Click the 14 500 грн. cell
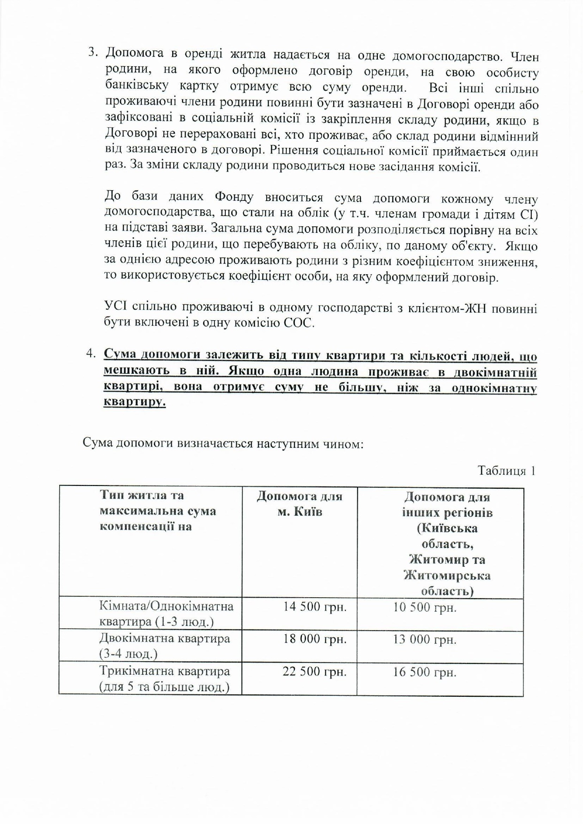coord(315,607)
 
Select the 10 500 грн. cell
coord(424,608)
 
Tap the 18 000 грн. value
coord(315,639)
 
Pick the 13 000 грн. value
coord(424,639)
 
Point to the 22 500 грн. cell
coord(315,671)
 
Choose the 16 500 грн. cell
coord(424,672)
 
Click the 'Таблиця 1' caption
coord(506,470)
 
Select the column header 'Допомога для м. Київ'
coord(299,504)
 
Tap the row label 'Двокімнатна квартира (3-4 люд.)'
coord(164,646)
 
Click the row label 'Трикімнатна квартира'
coord(164,671)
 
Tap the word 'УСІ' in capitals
coord(114,307)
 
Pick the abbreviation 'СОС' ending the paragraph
coord(298,323)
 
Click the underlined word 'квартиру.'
coord(134,402)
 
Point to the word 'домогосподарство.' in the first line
coord(447,57)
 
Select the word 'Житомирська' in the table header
coord(447,575)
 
